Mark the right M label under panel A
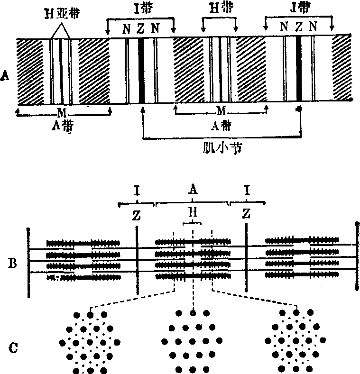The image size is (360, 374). (x=221, y=110)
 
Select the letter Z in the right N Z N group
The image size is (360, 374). (x=298, y=27)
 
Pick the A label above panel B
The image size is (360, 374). (x=192, y=191)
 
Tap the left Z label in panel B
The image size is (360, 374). (x=136, y=215)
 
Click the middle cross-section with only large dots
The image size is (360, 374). (x=192, y=341)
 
